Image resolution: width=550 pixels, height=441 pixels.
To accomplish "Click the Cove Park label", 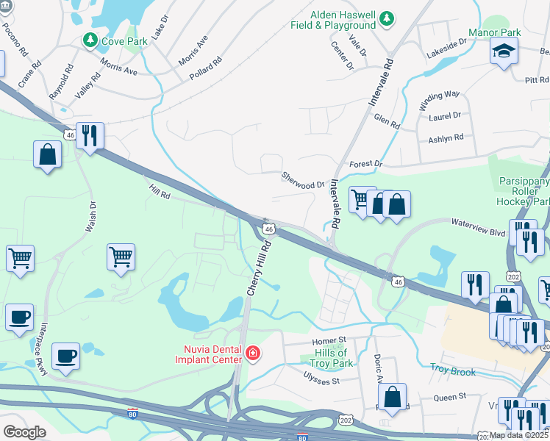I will pos(125,40).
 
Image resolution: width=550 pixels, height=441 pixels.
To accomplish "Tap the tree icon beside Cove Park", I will pos(90,40).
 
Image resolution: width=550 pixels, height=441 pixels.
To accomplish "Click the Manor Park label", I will pos(495,33).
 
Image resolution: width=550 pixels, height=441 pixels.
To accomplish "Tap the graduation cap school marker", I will pos(504,51).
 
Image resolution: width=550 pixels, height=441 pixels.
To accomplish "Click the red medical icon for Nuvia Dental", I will pos(253,354).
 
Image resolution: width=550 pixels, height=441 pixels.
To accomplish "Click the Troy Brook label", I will pos(453,372).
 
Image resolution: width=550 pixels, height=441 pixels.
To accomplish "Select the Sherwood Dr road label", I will pos(302,181).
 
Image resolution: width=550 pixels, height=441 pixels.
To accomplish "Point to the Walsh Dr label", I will pos(90,218).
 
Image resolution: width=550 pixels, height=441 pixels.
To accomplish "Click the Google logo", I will pos(24,432).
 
